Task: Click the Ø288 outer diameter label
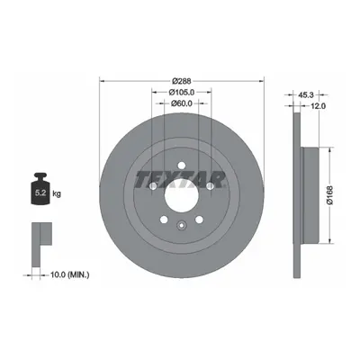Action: click(182, 81)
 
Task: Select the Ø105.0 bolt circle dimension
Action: click(182, 92)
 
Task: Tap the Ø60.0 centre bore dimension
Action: click(182, 103)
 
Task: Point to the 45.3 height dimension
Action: click(306, 95)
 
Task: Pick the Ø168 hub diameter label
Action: click(329, 195)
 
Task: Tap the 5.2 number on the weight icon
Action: click(40, 193)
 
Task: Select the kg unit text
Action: click(57, 193)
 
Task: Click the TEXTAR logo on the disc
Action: click(180, 179)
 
